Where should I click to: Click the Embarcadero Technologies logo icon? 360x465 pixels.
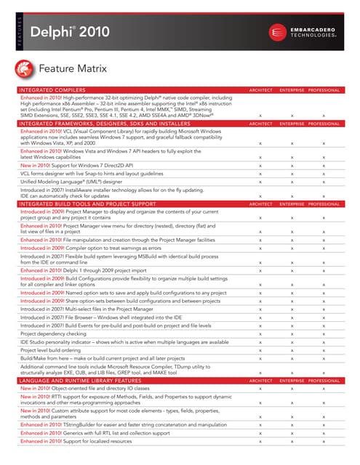pyautogui.click(x=277, y=33)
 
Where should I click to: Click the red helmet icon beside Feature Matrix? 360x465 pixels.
pyautogui.click(x=25, y=69)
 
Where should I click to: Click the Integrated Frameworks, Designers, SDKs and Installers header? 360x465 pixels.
pyautogui.click(x=110, y=124)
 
